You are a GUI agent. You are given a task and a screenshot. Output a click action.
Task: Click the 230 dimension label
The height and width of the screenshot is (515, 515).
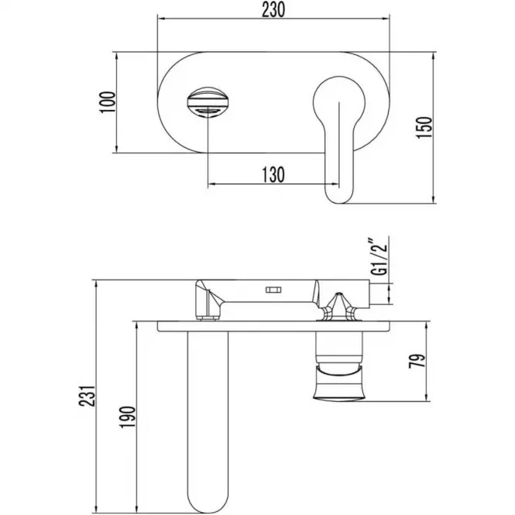[x=273, y=10]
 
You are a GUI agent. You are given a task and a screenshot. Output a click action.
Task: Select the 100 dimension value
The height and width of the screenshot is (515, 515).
[x=108, y=102]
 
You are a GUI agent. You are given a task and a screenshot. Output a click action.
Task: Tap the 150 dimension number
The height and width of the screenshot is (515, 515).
[x=424, y=128]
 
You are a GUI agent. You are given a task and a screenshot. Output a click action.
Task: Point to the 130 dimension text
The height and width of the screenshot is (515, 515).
[x=273, y=175]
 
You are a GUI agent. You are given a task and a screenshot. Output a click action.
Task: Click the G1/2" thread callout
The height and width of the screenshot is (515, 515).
[x=379, y=256]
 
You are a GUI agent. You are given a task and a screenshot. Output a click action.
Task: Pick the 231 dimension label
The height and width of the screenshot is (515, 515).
[x=87, y=396]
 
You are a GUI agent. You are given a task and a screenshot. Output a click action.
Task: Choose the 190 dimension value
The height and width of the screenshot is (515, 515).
[x=128, y=417]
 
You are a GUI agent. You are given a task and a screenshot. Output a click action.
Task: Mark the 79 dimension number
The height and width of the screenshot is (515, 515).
[x=417, y=361]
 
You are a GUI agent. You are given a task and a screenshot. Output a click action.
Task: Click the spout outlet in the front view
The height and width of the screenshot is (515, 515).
[x=208, y=101]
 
